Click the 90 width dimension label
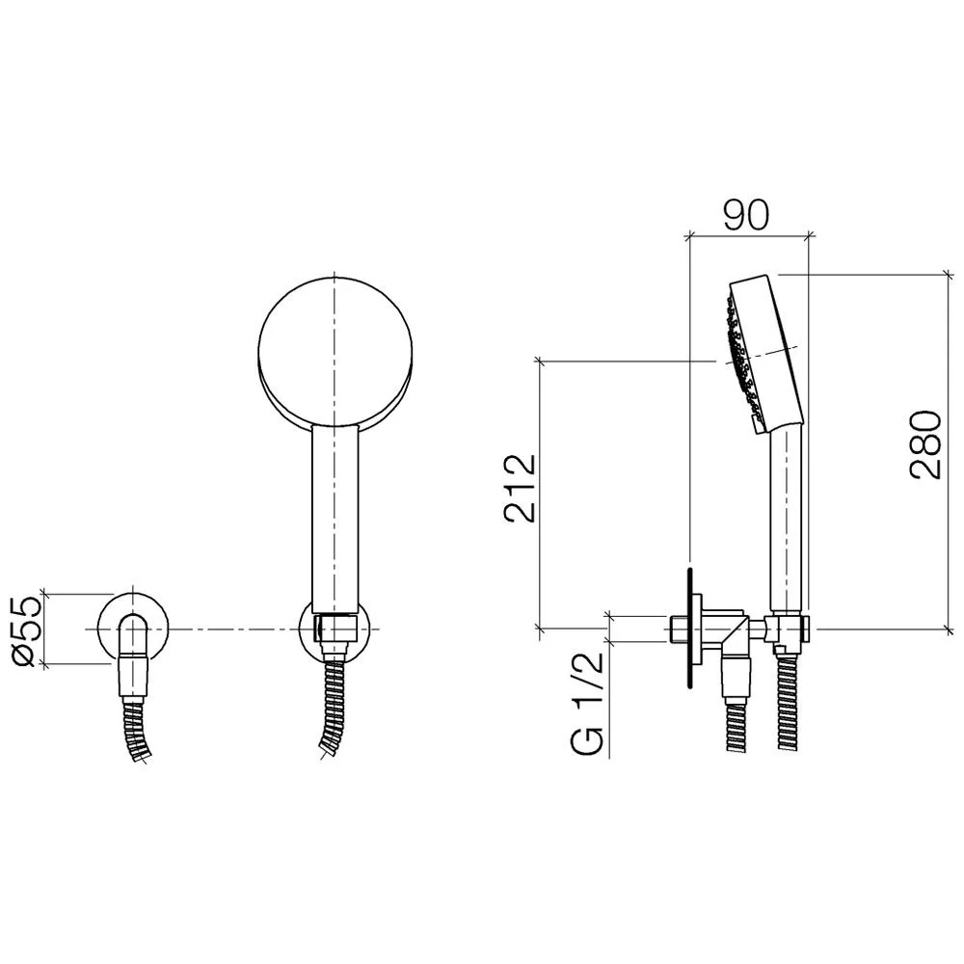coord(746,215)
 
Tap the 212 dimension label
coord(520,488)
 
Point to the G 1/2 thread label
coord(586,704)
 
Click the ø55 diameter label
coord(27,631)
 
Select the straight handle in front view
coord(335,519)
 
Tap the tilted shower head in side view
coord(763,354)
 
